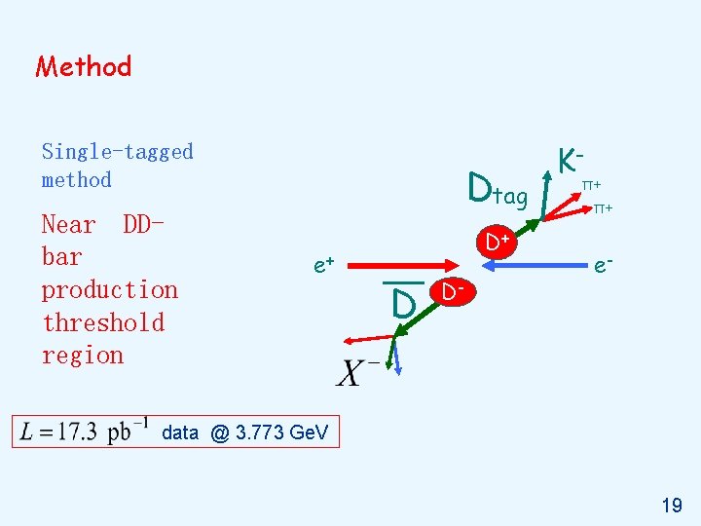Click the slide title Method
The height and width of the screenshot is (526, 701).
point(83,66)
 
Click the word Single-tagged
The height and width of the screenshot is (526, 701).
point(117,151)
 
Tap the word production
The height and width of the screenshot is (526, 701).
point(109,289)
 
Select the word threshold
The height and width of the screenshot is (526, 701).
point(102,322)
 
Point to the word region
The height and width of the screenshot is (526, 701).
point(82,355)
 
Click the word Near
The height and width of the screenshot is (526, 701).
point(68,224)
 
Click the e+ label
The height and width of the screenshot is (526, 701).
point(324,263)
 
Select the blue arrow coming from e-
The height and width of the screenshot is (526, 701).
point(551,264)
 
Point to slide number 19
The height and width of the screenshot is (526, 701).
point(671,505)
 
